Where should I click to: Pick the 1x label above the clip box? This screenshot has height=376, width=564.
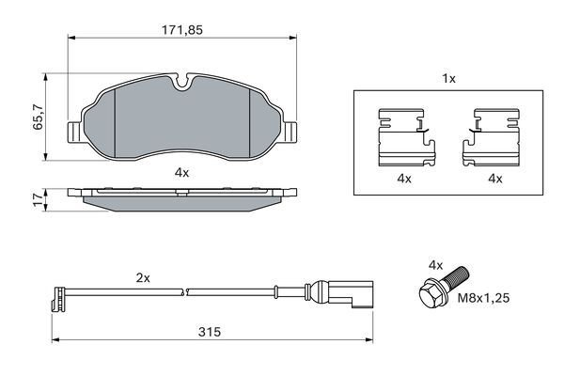[x=449, y=79]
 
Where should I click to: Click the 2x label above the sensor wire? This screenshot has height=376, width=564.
[x=143, y=278]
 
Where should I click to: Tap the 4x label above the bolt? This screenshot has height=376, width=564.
[x=436, y=264]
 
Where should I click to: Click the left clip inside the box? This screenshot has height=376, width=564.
[x=403, y=137]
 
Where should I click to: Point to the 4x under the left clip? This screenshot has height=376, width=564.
[x=403, y=179]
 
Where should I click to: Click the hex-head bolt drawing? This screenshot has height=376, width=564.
[x=443, y=287]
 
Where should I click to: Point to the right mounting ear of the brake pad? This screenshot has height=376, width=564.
[x=290, y=132]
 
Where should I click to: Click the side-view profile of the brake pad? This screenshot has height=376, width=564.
[x=182, y=197]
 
